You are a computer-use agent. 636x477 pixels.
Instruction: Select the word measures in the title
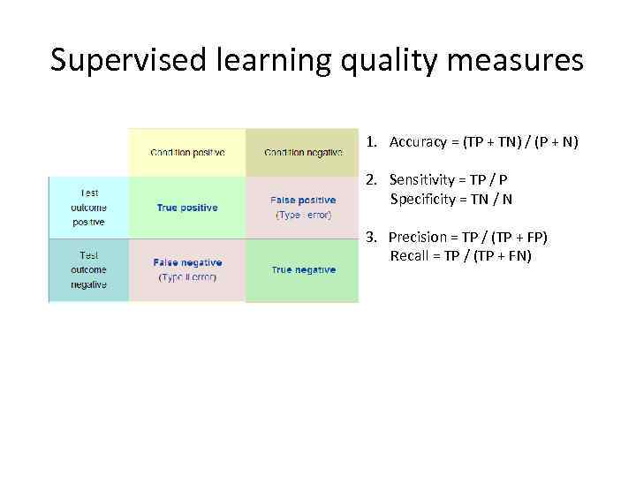point(522,60)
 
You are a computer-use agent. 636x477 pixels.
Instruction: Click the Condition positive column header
point(187,152)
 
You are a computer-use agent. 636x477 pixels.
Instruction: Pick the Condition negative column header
point(303,152)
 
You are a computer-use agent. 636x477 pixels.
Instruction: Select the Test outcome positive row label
point(88,208)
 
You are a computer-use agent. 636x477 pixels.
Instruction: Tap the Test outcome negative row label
point(88,269)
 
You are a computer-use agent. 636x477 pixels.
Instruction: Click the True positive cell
point(187,208)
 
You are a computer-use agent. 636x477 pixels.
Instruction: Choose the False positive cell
point(303,208)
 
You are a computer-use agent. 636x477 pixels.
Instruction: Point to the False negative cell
point(187,269)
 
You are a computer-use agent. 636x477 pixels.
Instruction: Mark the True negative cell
point(303,269)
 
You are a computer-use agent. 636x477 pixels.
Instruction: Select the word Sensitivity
point(420,180)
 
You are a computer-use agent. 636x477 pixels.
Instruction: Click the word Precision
point(418,238)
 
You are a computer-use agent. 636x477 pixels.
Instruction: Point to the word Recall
point(408,256)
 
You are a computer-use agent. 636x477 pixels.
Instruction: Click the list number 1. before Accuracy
point(373,141)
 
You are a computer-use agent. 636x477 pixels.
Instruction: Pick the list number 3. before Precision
point(372,238)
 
